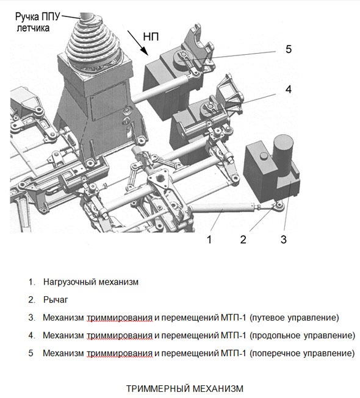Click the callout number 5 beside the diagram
pyautogui.click(x=288, y=49)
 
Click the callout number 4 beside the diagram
pyautogui.click(x=288, y=90)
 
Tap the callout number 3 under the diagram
pyautogui.click(x=283, y=239)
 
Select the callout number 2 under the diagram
pyautogui.click(x=243, y=239)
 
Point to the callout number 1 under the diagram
pyautogui.click(x=209, y=239)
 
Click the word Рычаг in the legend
pyautogui.click(x=56, y=300)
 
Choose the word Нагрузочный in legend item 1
pyautogui.click(x=68, y=282)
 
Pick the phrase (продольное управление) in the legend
pyautogui.click(x=302, y=335)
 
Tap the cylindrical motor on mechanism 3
pyautogui.click(x=283, y=149)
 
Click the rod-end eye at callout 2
pyautogui.click(x=278, y=210)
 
